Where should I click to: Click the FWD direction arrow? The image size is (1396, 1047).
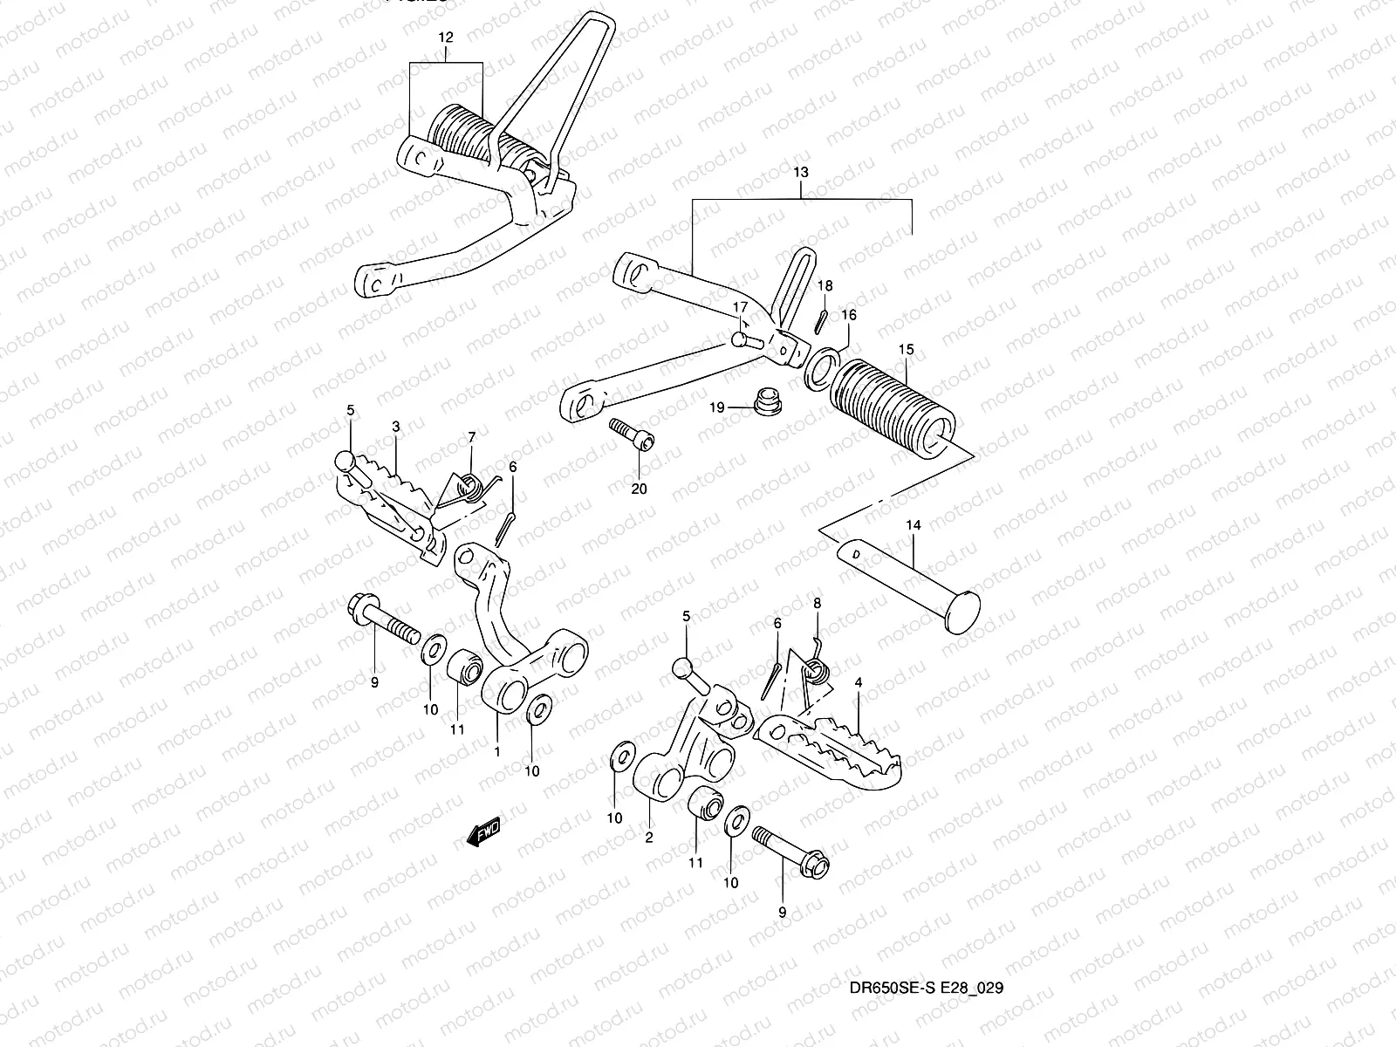[483, 831]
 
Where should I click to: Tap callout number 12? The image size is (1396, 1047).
[446, 38]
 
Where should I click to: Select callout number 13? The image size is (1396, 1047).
[801, 173]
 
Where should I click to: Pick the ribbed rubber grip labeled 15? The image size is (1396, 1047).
[890, 402]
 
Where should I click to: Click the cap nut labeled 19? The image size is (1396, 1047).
[765, 402]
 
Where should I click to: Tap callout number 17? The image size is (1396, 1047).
[739, 307]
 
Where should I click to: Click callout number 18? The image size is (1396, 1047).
[825, 286]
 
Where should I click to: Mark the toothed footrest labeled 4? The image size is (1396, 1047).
[811, 746]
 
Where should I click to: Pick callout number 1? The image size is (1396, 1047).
[496, 750]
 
